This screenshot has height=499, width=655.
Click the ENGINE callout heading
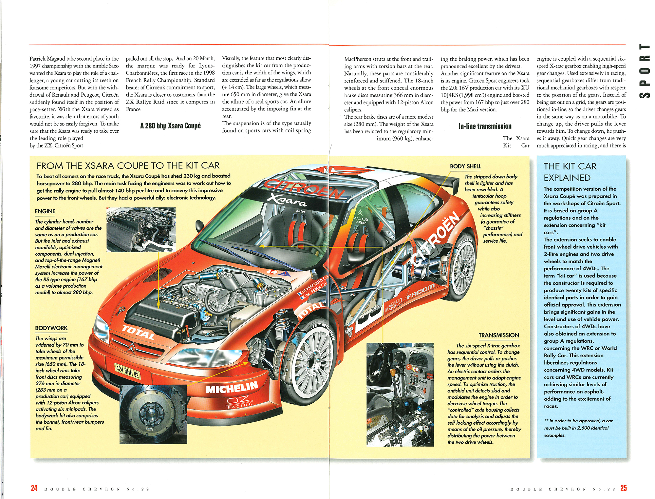pos(45,212)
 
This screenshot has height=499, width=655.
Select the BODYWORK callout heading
pos(51,328)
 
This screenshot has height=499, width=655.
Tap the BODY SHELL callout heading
pos(465,166)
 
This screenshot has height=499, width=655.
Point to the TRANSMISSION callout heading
pos(499,336)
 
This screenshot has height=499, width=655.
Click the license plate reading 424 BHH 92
pos(127,371)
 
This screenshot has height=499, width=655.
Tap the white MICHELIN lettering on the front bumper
pos(232,388)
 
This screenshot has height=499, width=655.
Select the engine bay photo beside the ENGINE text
pos(141,229)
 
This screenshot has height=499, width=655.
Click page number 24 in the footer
pos(34,488)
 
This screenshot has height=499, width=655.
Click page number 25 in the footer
pos(624,488)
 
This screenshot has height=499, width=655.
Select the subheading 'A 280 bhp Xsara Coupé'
pos(170,126)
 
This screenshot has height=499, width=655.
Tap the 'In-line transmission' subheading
pos(485,126)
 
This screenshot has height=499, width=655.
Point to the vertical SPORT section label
pos(645,71)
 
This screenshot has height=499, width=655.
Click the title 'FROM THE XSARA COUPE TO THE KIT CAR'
pos(128,166)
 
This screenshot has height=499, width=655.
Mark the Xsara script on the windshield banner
pos(287,200)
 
